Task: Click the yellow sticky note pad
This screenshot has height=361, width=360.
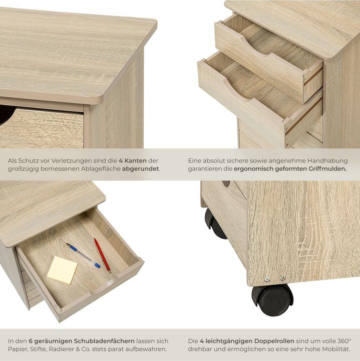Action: (x=62, y=270)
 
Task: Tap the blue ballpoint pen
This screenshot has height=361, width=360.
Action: (x=83, y=255)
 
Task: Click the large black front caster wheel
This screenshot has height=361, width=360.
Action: (x=273, y=299)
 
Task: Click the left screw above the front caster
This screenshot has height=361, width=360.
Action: (x=267, y=279)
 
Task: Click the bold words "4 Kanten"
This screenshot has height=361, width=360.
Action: (x=133, y=160)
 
